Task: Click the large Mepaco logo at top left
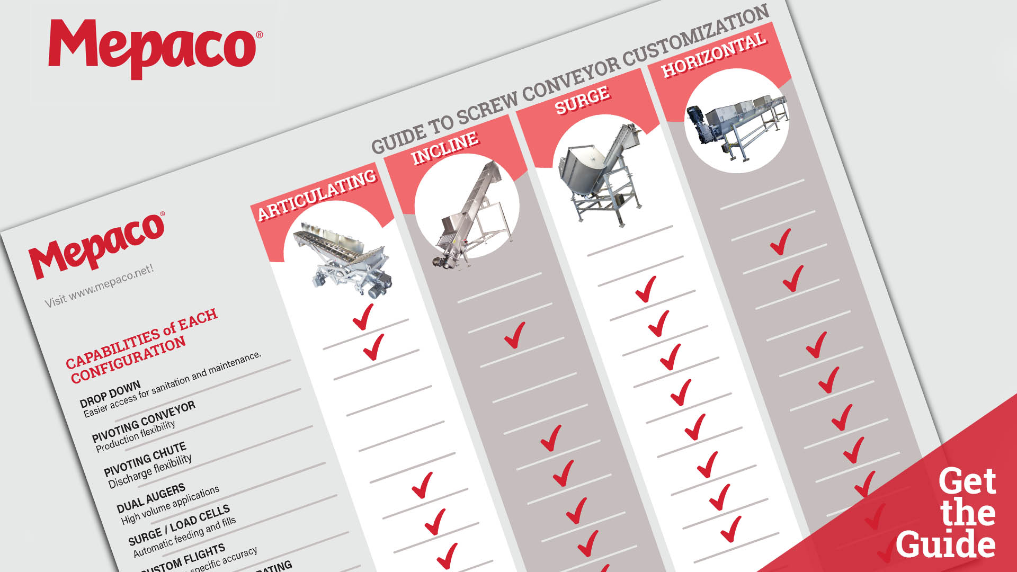coord(154,49)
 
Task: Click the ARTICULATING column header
coord(317,194)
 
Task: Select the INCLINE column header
coord(445,148)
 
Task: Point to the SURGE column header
coord(582,100)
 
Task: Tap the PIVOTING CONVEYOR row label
coord(144,422)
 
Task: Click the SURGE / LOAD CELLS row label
coord(179,525)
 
